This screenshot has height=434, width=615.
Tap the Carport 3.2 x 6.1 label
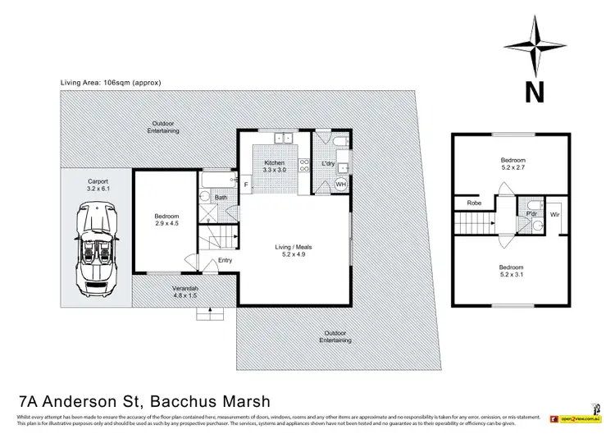click(95, 185)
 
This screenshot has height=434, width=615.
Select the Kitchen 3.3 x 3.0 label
click(274, 167)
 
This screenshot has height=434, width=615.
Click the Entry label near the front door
click(225, 261)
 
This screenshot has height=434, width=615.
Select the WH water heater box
click(341, 185)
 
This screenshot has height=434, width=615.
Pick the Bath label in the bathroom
click(221, 198)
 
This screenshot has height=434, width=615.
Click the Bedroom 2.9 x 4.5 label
click(167, 221)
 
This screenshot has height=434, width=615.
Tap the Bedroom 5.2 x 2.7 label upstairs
click(513, 163)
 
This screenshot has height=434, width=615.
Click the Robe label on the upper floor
click(473, 203)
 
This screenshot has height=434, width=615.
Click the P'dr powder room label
click(531, 215)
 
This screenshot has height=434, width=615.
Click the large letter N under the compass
click(534, 92)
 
